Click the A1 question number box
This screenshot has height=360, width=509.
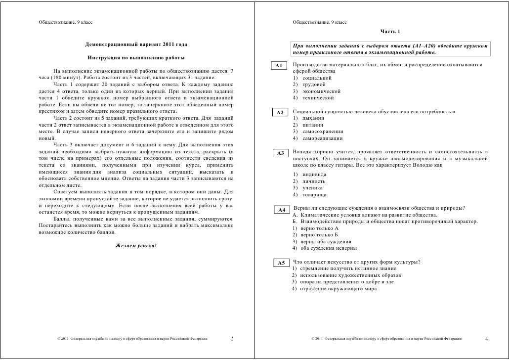point(279,66)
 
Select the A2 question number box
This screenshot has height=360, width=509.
point(279,113)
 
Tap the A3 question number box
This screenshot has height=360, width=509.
point(279,153)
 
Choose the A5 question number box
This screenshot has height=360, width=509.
point(280,263)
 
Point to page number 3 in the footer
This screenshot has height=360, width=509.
point(233,339)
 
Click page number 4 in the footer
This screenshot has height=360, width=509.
point(487,339)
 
